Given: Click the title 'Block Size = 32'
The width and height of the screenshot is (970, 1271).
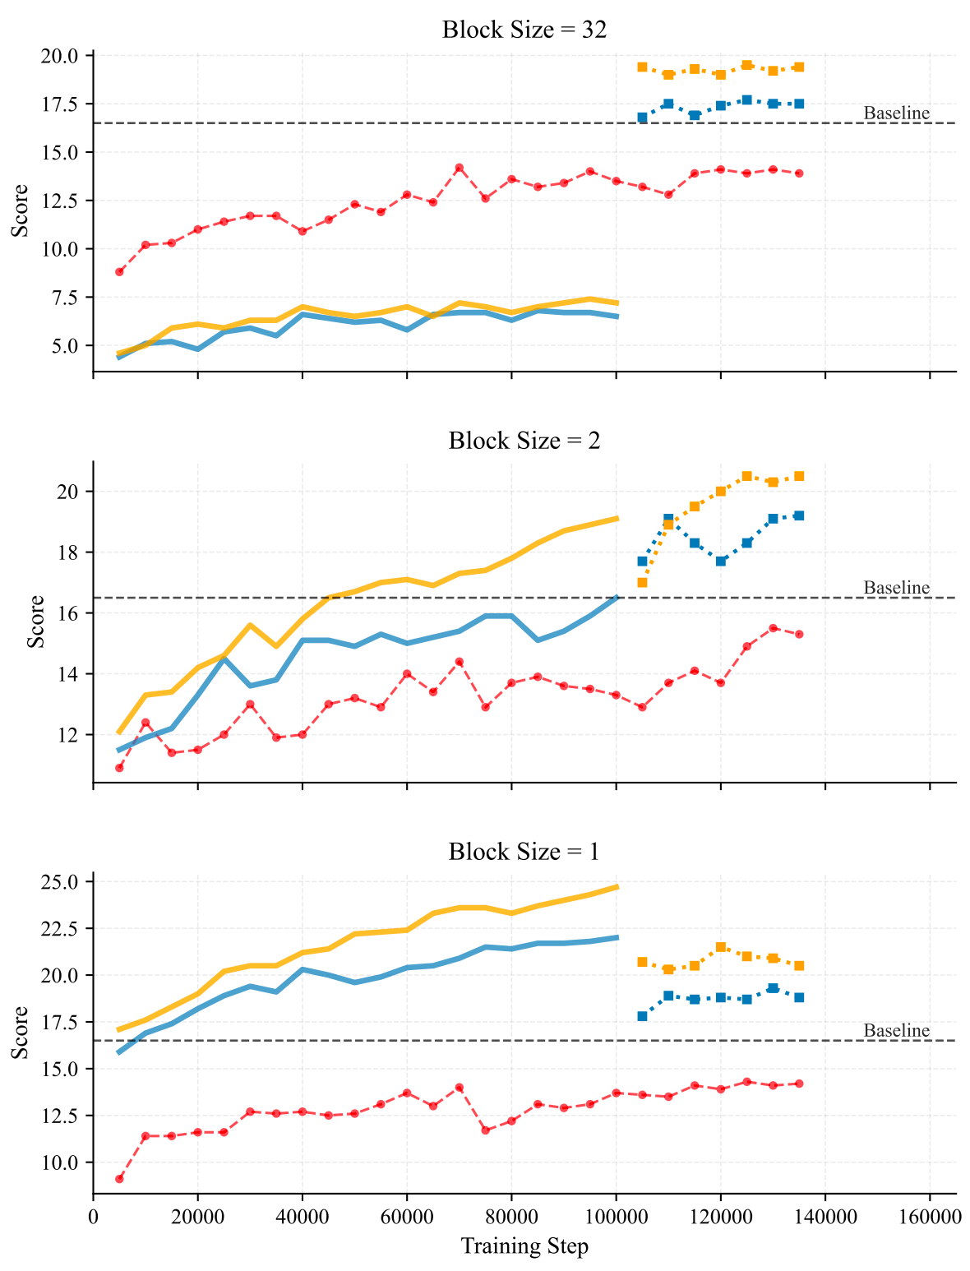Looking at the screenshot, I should [x=524, y=30].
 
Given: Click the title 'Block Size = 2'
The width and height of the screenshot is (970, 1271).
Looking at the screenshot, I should [x=524, y=441].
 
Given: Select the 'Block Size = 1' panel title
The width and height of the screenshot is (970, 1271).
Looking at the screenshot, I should [x=524, y=852].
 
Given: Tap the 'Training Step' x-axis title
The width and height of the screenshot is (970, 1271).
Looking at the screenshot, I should [x=524, y=1246].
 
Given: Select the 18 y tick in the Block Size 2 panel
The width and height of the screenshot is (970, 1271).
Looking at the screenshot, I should [x=72, y=552].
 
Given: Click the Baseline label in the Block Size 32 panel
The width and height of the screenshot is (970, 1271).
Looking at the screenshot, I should [x=897, y=113].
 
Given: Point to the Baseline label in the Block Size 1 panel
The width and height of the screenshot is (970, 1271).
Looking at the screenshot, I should [x=897, y=1031].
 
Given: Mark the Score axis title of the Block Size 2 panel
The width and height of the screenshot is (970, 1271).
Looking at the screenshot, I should [x=35, y=622].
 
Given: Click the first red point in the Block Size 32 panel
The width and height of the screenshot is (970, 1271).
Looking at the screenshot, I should [x=119, y=271].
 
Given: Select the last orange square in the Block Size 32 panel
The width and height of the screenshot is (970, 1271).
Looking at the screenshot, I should [x=799, y=67].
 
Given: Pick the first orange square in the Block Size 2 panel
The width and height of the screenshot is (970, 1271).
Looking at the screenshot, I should [x=642, y=582].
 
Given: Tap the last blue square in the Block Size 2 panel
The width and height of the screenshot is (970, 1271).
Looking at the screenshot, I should [x=799, y=515].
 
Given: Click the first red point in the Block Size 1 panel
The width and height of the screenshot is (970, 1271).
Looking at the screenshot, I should [x=119, y=1179].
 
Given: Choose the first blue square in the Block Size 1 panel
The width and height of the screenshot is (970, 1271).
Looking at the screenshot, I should [x=642, y=1016].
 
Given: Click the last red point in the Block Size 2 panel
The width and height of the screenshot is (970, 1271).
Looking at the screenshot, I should [x=799, y=634].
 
